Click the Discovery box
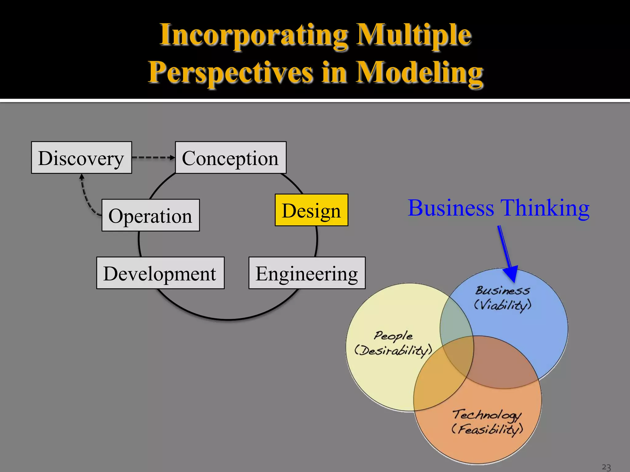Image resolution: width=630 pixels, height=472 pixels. (82, 158)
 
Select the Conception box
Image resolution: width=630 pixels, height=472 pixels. (231, 158)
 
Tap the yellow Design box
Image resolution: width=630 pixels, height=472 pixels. (311, 210)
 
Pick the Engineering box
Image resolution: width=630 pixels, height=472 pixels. (307, 273)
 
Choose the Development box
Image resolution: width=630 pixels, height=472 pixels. (160, 273)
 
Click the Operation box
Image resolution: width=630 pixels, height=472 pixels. (150, 215)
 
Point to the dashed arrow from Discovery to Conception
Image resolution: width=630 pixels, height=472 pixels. (153, 158)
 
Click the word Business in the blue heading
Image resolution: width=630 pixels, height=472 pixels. (451, 208)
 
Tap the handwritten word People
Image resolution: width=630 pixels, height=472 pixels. (393, 336)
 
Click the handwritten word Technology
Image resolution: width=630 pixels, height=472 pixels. (487, 415)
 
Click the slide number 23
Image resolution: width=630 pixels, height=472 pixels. (606, 467)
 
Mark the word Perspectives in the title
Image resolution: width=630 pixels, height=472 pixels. (231, 73)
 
